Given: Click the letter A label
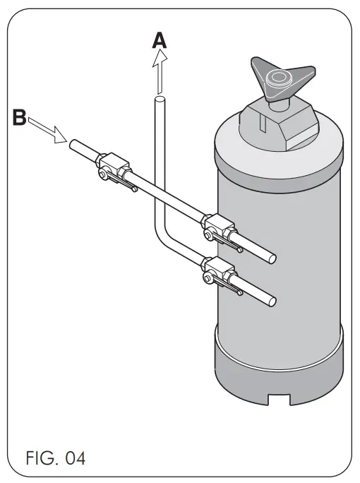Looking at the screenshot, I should point(160,41).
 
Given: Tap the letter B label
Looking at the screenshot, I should point(20,117).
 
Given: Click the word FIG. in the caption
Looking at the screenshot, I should point(35,458).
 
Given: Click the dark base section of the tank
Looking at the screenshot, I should point(279,367).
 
